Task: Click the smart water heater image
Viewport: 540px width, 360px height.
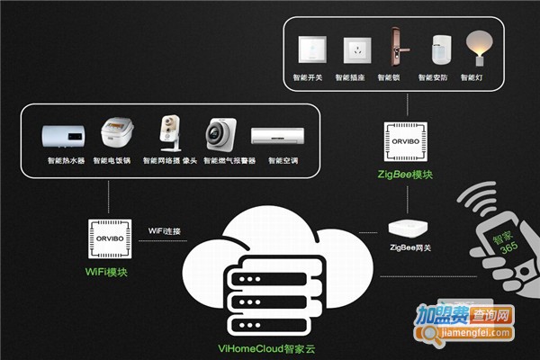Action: (x=64, y=136)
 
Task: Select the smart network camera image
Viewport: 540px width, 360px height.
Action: (x=169, y=134)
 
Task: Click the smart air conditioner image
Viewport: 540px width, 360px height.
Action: (x=274, y=136)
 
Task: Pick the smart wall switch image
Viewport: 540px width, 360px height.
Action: (x=313, y=49)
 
